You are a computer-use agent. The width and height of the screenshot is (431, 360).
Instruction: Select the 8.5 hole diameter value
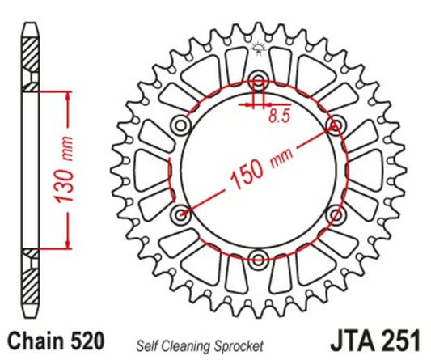point(277,116)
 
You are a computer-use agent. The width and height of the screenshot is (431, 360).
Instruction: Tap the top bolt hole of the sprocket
point(259,81)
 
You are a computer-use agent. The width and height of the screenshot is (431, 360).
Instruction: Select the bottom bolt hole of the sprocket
point(259,259)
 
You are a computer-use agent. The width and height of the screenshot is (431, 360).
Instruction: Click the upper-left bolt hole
point(181,125)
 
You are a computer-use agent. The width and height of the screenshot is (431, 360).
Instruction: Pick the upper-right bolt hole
point(336,125)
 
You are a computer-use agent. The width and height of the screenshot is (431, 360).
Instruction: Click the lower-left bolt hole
point(181,214)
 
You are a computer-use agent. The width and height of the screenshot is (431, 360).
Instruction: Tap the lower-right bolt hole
point(336,214)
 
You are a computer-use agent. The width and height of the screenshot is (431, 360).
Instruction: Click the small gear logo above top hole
point(259,48)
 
